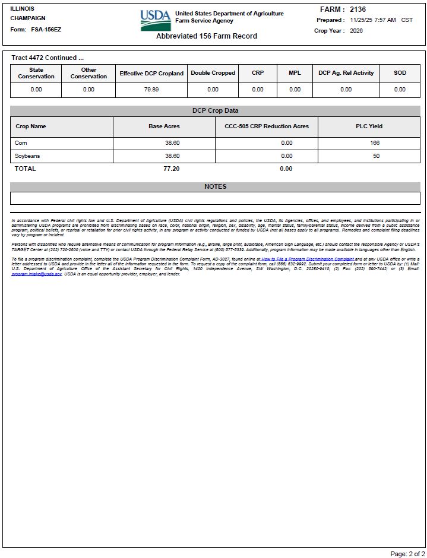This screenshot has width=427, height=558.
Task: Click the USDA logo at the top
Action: pos(156,20)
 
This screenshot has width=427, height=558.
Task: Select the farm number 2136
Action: pos(358,9)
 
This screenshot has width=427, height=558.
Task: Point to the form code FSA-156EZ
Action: pos(46,29)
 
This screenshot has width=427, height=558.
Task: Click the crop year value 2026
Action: pos(356,31)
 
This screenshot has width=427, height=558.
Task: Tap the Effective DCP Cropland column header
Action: pos(151,74)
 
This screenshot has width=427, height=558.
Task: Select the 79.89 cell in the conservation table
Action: pos(151,90)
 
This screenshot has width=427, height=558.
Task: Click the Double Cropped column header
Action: pos(213,73)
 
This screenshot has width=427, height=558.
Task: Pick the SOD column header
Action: pos(400,73)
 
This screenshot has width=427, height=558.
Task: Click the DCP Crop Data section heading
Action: pos(215,111)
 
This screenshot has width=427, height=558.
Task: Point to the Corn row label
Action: pos(21,143)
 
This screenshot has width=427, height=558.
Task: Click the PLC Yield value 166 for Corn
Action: pos(374,143)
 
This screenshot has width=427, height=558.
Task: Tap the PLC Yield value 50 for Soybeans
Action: pos(376,156)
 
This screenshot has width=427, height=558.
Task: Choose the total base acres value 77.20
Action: pos(171,169)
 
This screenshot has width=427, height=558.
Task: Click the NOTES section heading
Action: pos(215,186)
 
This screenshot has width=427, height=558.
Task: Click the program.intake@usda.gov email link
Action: pos(36,274)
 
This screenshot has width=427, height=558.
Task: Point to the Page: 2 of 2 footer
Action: pos(406,553)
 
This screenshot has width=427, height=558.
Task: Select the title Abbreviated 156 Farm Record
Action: pos(207,36)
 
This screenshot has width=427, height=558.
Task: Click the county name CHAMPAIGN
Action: pos(28,18)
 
